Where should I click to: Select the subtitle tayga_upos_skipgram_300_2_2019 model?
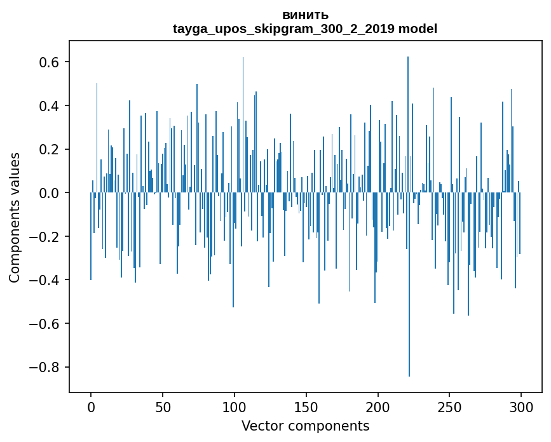pos(305,29)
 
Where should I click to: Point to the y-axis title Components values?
pos(15,217)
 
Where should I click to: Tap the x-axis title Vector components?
pos(305,425)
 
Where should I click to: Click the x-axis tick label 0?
pos(91,406)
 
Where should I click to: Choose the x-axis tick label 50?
pos(163,406)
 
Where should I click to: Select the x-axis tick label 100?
pos(235,406)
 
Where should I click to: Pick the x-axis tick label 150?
pos(306,406)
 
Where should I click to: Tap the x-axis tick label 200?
pos(378,406)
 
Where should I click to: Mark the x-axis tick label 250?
pos(450,406)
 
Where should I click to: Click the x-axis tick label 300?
pos(521,406)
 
